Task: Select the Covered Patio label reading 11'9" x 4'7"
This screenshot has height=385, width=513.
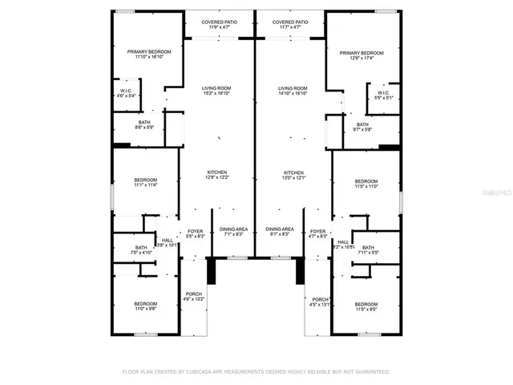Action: [x=219, y=25]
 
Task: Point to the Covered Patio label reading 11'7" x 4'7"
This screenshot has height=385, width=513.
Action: [x=289, y=25]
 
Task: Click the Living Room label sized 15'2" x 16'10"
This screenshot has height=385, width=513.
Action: [x=218, y=91]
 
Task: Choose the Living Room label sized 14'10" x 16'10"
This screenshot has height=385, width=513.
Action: [x=293, y=91]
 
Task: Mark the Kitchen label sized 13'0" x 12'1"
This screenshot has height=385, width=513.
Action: [x=293, y=174]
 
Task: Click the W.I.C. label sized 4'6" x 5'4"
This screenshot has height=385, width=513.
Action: [x=127, y=93]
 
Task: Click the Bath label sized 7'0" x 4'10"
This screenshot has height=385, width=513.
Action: [x=141, y=250]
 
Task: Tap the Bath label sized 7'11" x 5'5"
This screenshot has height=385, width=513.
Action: [x=369, y=249]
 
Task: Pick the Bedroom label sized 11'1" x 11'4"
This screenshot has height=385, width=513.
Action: [x=145, y=182]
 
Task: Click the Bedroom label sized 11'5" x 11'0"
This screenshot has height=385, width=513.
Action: [x=366, y=183]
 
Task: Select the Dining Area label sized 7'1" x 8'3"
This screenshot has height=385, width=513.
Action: [x=234, y=233]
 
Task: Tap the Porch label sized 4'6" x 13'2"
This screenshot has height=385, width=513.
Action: [x=194, y=297]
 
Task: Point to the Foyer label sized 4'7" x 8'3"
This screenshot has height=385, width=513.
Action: [x=318, y=233]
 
